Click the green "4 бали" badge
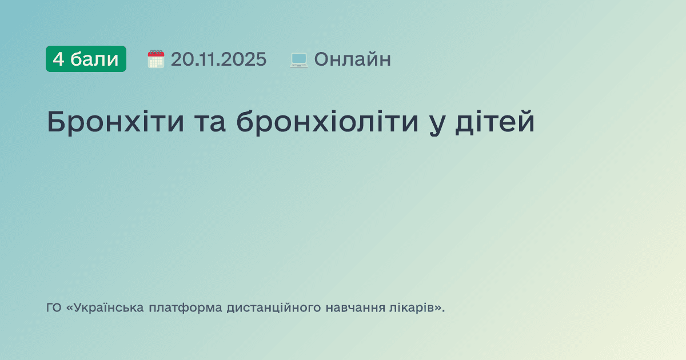tap(86, 59)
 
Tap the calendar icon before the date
tap(155, 59)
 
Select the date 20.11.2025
tap(218, 59)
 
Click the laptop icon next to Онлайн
tap(299, 59)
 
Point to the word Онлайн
tap(352, 59)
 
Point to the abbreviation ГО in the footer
tap(54, 308)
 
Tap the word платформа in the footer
tap(185, 309)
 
